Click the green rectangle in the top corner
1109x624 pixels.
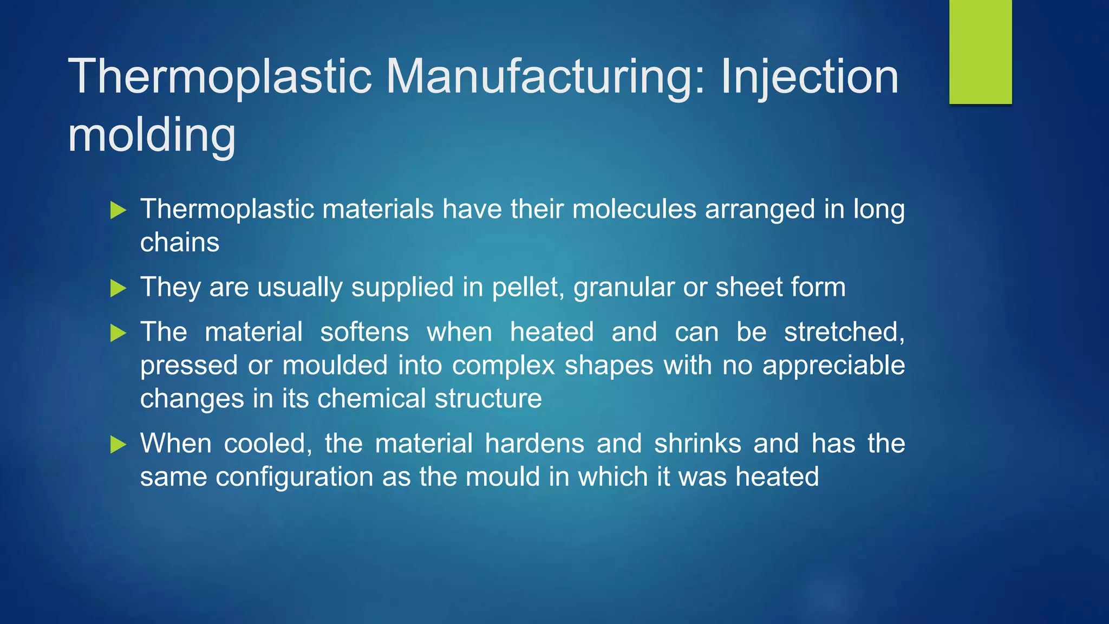point(980,52)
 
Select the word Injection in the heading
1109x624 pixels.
point(810,77)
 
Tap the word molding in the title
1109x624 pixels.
point(152,135)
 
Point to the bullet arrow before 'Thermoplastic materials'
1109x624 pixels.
point(118,210)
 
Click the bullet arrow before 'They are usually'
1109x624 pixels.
point(118,288)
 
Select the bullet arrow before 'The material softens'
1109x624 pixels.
point(118,333)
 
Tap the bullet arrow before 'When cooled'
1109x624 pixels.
point(118,445)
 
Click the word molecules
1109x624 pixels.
point(634,210)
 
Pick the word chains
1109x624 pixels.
point(180,243)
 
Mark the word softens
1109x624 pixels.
point(364,332)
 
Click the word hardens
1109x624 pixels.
point(534,444)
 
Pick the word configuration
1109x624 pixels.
point(295,478)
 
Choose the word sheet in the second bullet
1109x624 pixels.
point(748,287)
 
